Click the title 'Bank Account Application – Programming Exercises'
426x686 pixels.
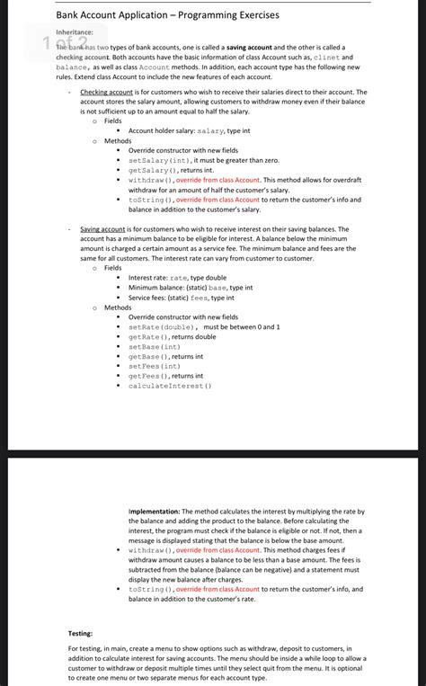pos(167,15)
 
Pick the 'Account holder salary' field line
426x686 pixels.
pos(189,130)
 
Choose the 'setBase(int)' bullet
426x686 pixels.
pos(155,346)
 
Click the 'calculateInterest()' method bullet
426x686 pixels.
pos(170,386)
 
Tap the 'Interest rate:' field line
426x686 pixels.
pos(177,278)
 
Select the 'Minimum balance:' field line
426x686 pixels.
pos(191,288)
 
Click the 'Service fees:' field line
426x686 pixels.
pos(182,298)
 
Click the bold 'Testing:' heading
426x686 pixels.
pos(81,633)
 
